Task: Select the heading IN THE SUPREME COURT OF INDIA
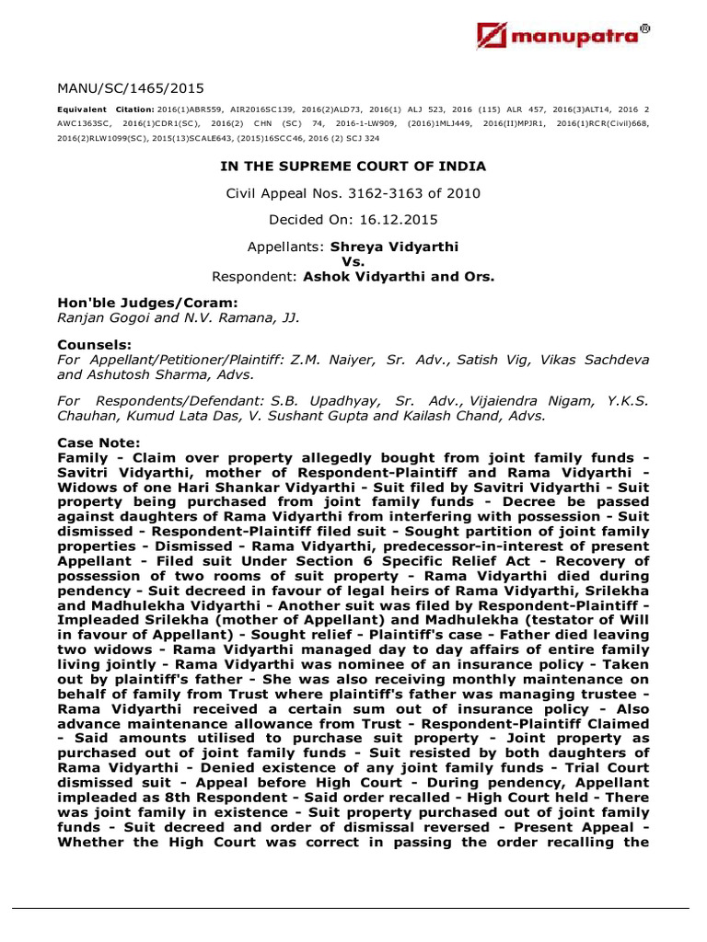353,167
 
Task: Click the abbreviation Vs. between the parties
353,261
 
